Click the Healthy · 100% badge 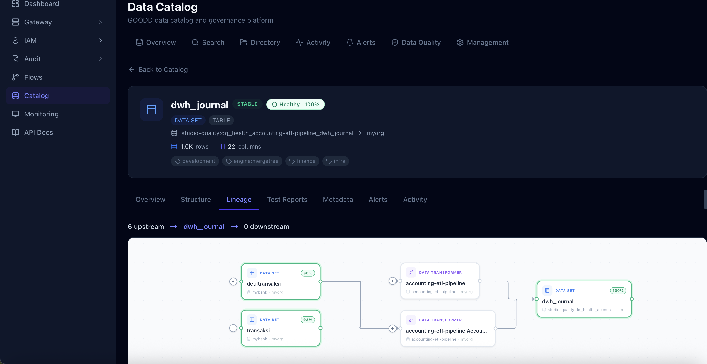(296, 104)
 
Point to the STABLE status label (247, 104)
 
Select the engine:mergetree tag (252, 161)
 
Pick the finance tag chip (302, 161)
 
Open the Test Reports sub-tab (287, 200)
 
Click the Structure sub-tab (196, 200)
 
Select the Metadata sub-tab (338, 200)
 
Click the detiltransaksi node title (263, 284)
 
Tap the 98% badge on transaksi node (308, 319)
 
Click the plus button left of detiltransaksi (233, 281)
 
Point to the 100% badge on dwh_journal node (618, 290)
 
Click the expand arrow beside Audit (101, 59)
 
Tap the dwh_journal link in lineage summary (204, 227)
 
